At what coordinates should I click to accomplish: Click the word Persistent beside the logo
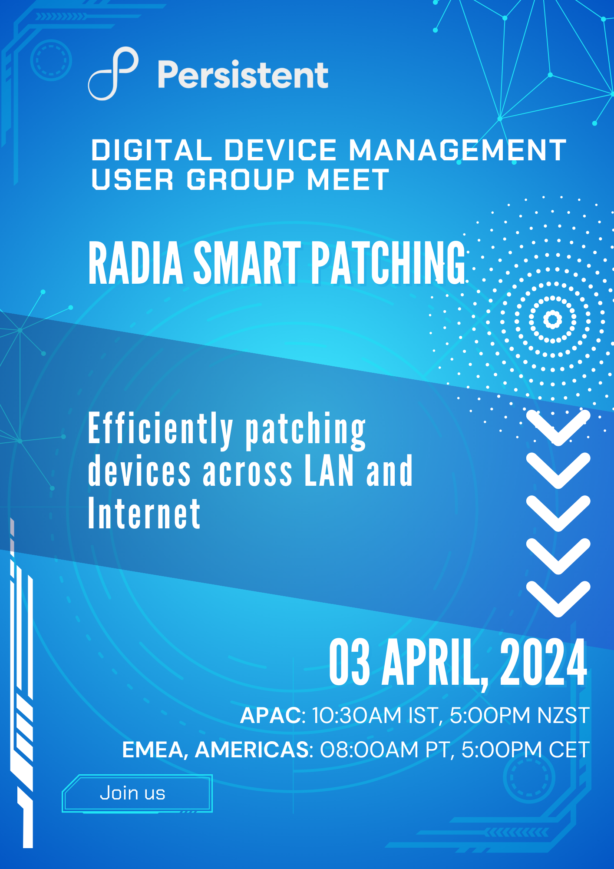pyautogui.click(x=243, y=75)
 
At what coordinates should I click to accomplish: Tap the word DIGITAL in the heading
pyautogui.click(x=152, y=150)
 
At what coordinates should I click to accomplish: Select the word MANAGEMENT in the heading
pyautogui.click(x=458, y=150)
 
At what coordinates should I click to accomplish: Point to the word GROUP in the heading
pyautogui.click(x=241, y=179)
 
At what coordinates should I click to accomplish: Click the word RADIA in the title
pyautogui.click(x=136, y=263)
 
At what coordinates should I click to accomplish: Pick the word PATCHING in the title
pyautogui.click(x=388, y=263)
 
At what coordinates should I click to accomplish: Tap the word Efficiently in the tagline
pyautogui.click(x=161, y=429)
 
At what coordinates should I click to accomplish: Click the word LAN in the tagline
pyautogui.click(x=329, y=470)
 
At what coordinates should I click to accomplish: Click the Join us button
pyautogui.click(x=137, y=793)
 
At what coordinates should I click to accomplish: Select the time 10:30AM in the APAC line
pyautogui.click(x=357, y=716)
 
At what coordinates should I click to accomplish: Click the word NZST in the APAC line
pyautogui.click(x=564, y=716)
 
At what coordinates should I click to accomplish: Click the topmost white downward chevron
pyautogui.click(x=558, y=428)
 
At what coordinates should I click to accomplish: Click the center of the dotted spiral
pyautogui.click(x=553, y=319)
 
